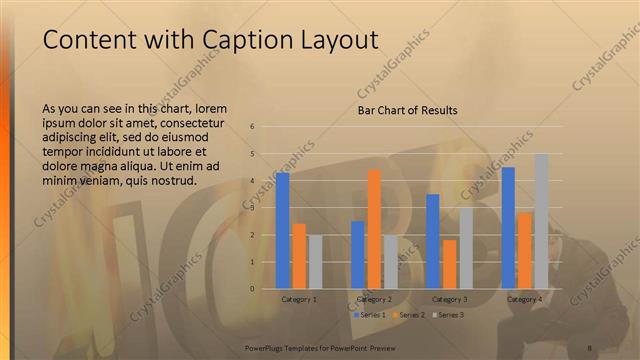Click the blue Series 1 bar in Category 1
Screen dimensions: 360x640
(283, 231)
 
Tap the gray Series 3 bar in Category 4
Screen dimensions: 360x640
(541, 221)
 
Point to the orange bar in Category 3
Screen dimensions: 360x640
(449, 264)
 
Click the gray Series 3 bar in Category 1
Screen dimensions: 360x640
(315, 262)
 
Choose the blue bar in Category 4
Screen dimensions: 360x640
(508, 228)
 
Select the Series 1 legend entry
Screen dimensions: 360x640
(370, 315)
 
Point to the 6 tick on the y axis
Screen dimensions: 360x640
(253, 127)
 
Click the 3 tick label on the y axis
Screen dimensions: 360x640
(253, 208)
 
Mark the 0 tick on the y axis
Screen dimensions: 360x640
(253, 289)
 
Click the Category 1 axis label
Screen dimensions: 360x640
(299, 299)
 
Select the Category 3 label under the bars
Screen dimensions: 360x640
(449, 299)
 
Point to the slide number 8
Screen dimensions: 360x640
(590, 347)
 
